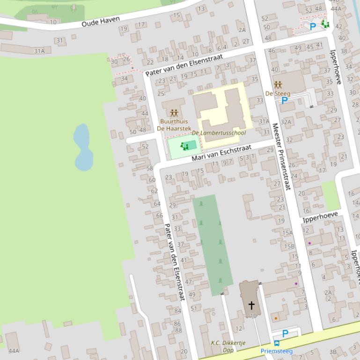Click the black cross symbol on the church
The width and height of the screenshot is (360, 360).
coord(251,305)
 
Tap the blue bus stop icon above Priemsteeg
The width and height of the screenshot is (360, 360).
coord(277,343)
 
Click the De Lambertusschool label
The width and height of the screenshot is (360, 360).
coord(219,133)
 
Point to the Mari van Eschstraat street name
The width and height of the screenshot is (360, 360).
coord(221,153)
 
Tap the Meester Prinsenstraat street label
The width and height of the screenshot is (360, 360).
coord(281,156)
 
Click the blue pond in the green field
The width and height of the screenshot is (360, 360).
coord(83,147)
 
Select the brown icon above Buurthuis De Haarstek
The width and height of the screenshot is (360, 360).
coord(174,113)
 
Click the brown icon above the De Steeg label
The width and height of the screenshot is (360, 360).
coord(278,85)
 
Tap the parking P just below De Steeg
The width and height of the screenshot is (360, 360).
coord(284,101)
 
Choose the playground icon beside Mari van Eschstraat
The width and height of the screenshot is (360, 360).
coord(184,146)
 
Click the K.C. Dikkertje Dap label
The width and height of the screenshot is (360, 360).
coord(228,346)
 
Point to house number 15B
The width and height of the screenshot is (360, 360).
coord(290,246)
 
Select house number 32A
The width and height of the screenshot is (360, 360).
coord(286,122)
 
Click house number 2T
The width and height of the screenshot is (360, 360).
coord(246,41)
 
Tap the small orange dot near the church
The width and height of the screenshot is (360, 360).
coord(276,318)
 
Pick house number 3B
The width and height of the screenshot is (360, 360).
coord(333,352)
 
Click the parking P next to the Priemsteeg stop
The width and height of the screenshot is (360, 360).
coord(285,333)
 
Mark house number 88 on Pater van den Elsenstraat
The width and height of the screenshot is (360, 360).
coord(178,330)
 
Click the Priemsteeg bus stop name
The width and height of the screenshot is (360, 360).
coord(277,351)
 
